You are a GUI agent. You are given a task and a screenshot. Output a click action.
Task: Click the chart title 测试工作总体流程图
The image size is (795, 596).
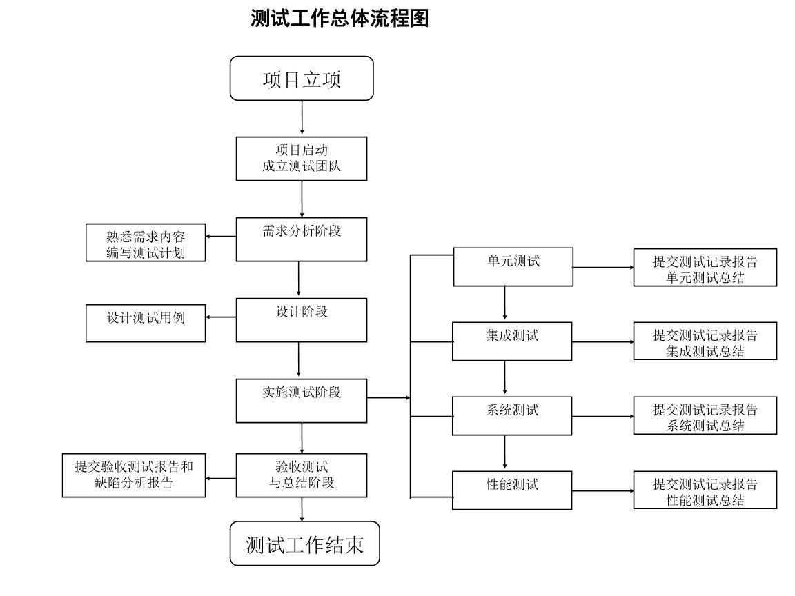(x=340, y=19)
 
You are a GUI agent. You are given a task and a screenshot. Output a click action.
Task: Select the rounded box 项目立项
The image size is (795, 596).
(x=302, y=79)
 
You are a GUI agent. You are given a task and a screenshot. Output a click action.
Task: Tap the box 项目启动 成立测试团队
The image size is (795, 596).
(x=302, y=159)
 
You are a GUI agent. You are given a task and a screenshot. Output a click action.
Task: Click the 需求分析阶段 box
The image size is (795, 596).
(x=302, y=239)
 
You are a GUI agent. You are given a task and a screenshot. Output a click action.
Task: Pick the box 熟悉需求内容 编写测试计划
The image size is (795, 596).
(x=146, y=244)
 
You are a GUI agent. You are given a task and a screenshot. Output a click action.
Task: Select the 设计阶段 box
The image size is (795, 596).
(x=302, y=320)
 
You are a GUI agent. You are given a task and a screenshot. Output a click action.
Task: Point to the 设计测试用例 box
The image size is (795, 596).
(x=146, y=323)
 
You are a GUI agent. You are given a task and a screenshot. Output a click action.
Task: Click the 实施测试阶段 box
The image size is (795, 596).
(x=302, y=401)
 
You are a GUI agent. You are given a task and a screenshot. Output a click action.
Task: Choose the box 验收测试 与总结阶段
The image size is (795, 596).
(x=302, y=475)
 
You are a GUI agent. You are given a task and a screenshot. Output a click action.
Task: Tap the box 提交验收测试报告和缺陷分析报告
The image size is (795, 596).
(x=134, y=475)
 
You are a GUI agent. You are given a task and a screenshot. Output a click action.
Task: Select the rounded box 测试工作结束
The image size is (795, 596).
(x=304, y=544)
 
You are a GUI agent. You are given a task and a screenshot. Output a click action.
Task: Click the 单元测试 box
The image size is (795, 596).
(x=513, y=266)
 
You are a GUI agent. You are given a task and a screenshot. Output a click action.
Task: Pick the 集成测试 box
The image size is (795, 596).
(x=512, y=341)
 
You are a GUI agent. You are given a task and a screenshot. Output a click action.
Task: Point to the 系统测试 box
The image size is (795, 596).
(x=512, y=415)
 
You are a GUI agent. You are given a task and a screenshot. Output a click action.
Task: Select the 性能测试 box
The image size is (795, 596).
(x=512, y=490)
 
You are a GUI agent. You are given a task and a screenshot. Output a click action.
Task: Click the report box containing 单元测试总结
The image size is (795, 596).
(x=705, y=268)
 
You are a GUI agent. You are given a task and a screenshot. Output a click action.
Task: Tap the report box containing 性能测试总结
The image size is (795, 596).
(x=705, y=490)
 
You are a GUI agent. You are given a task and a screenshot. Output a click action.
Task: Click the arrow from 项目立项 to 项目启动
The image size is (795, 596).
(x=302, y=118)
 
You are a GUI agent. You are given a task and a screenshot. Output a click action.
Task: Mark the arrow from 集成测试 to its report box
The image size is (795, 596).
(x=602, y=341)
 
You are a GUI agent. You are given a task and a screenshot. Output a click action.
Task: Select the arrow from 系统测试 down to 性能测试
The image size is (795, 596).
(x=505, y=453)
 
